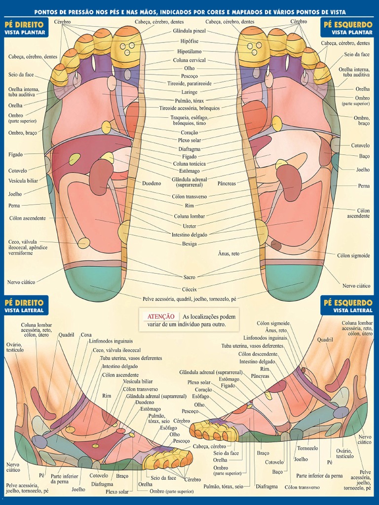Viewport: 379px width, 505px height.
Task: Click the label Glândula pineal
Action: (x=189, y=31)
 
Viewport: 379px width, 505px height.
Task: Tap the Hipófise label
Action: (x=189, y=41)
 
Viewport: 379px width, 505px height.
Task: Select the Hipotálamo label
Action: (x=189, y=51)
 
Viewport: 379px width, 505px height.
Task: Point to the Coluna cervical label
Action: (x=189, y=60)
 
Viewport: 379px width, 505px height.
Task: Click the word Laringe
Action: (x=189, y=92)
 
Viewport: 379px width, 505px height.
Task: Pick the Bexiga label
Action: (x=189, y=244)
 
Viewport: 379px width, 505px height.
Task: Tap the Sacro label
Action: (x=189, y=277)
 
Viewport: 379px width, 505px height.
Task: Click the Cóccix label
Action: (x=189, y=289)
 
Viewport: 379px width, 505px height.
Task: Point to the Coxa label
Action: (x=86, y=335)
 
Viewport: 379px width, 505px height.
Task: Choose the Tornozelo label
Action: (x=307, y=448)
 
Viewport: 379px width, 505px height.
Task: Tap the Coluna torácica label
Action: (x=189, y=164)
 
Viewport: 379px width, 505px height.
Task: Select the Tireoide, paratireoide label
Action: (x=189, y=83)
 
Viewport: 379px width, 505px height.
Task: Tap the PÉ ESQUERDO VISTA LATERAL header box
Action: (x=347, y=306)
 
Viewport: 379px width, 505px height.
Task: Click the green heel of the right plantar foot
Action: (x=93, y=284)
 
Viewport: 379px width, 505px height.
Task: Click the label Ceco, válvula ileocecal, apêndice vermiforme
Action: (x=28, y=248)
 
